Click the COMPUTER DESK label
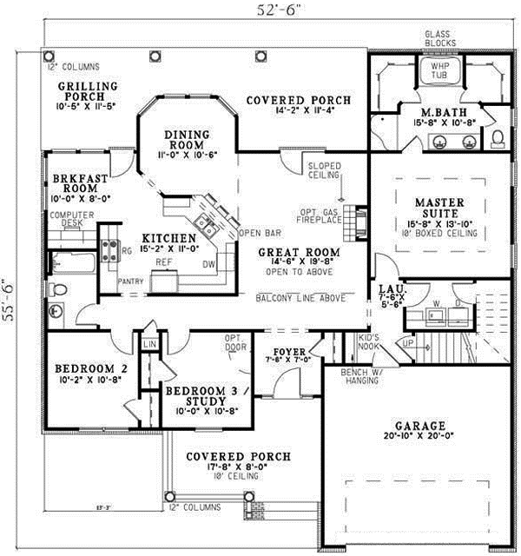pos(70,220)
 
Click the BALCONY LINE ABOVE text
pos(298,298)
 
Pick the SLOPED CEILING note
pos(323,169)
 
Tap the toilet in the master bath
pos(498,137)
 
